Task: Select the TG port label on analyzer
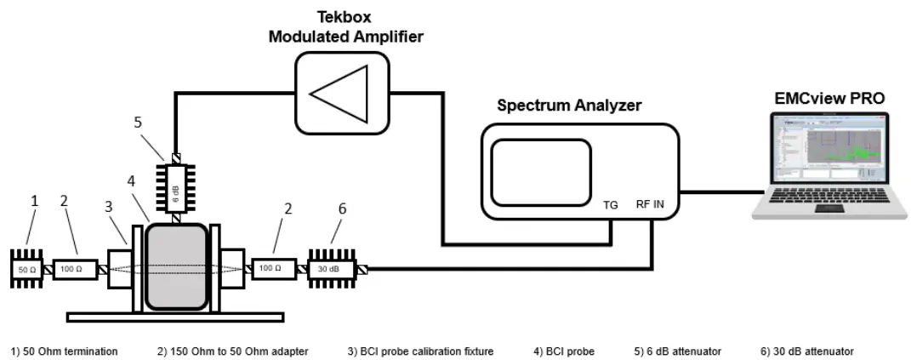611,204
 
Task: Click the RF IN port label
651,204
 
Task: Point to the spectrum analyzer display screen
541,173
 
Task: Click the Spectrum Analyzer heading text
568,106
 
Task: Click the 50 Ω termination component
28,269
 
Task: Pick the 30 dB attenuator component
334,269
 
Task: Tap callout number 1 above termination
35,202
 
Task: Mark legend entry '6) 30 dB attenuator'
807,351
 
